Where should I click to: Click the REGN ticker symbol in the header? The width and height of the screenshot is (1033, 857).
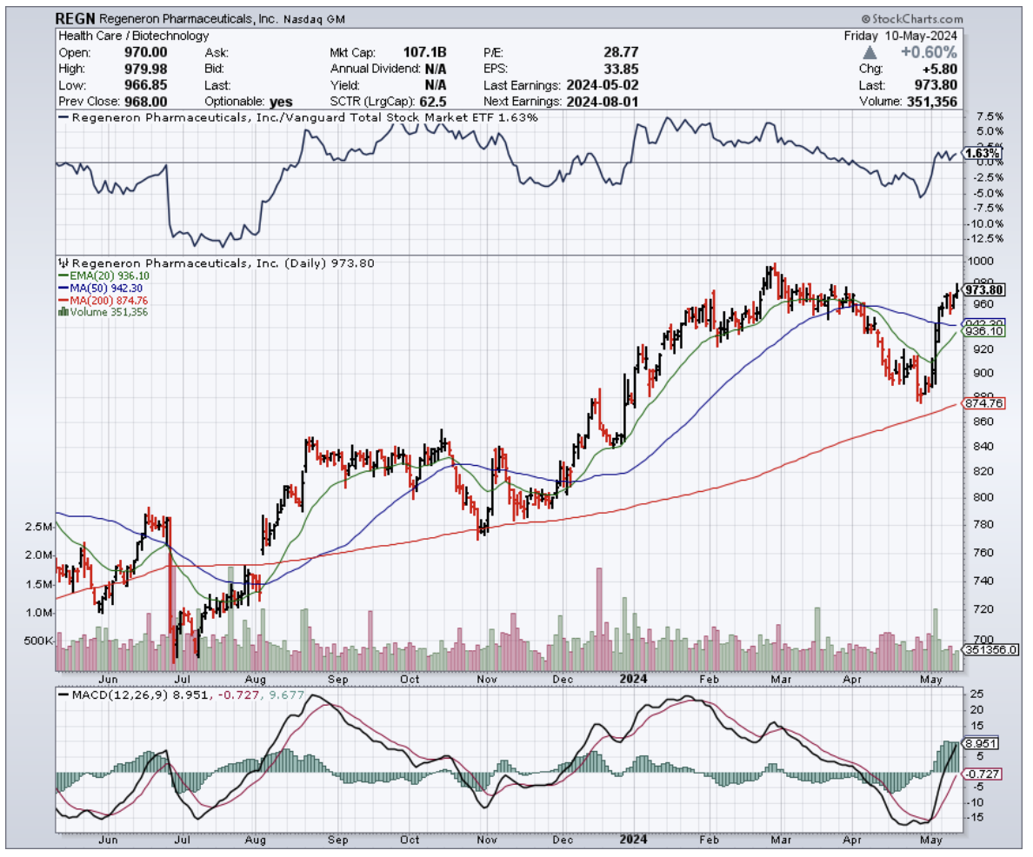pyautogui.click(x=75, y=18)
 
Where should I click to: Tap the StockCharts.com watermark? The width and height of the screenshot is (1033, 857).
pyautogui.click(x=913, y=19)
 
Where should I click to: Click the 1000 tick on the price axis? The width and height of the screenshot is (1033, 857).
pyautogui.click(x=981, y=261)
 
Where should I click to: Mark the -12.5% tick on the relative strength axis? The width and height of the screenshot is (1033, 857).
pyautogui.click(x=985, y=239)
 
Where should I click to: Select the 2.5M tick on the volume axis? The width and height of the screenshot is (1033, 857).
pyautogui.click(x=40, y=528)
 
